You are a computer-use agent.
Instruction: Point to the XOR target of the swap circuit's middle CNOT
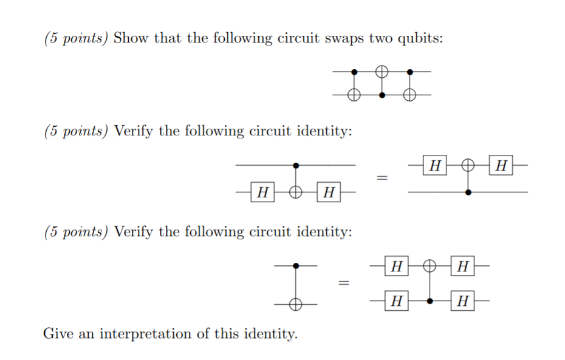(382, 71)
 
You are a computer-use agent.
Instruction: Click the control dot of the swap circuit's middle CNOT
(382, 95)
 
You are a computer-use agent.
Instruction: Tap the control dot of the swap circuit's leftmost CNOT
(355, 72)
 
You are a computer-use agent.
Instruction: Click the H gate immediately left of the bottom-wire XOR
(262, 193)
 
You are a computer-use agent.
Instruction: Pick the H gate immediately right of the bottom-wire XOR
(329, 193)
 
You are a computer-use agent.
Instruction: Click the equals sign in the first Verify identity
(382, 178)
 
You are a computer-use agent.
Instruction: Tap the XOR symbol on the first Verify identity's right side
(467, 165)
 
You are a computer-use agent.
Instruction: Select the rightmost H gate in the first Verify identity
(501, 165)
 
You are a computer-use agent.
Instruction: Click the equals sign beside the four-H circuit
(344, 283)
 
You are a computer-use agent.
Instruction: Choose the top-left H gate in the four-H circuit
(396, 266)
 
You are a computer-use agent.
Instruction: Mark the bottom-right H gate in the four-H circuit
(463, 300)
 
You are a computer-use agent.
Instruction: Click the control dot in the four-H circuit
(430, 300)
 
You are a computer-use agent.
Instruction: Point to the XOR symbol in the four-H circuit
(430, 266)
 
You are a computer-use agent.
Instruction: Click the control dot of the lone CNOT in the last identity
(295, 266)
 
